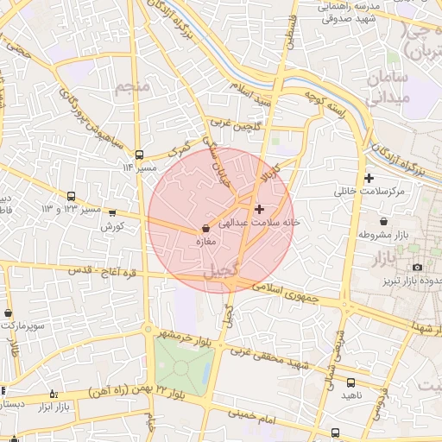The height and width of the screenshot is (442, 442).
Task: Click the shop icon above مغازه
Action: (205, 229)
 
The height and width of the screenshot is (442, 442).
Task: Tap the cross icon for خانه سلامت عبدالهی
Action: (259, 209)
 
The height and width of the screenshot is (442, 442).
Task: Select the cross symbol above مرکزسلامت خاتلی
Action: (369, 178)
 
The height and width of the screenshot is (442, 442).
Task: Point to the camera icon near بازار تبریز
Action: (418, 268)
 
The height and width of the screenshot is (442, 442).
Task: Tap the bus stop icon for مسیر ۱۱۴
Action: (139, 155)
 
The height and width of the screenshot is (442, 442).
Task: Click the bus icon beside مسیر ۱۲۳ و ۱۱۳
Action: (70, 196)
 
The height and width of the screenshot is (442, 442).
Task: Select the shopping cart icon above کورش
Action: (112, 213)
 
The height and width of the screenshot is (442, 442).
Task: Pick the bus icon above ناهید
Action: (350, 382)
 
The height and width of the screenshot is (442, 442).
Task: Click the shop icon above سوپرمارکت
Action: (8, 313)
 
